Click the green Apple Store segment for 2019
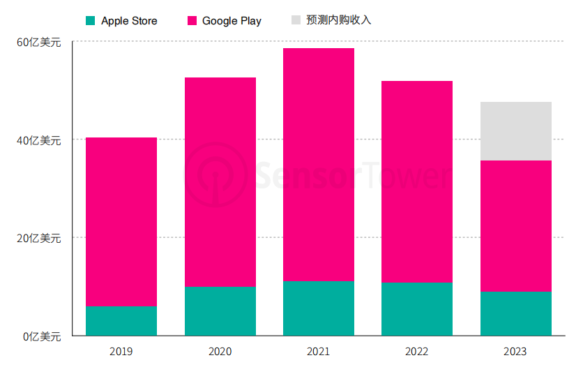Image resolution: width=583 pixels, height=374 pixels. [x=121, y=321]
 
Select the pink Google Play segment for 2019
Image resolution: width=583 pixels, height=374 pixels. [x=121, y=222]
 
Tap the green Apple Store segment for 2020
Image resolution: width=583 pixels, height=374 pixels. [x=220, y=311]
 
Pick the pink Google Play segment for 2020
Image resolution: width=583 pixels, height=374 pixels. [x=220, y=182]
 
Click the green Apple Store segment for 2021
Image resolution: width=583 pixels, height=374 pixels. [x=319, y=308]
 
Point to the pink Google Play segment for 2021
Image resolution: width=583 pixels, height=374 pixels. [x=319, y=165]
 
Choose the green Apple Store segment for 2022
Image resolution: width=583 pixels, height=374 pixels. [x=417, y=309]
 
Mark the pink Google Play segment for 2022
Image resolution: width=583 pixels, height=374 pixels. [x=417, y=182]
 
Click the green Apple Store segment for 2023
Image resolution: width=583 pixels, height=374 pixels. [x=516, y=313]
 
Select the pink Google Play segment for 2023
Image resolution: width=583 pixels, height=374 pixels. [x=516, y=226]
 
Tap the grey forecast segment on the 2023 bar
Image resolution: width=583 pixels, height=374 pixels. [x=516, y=131]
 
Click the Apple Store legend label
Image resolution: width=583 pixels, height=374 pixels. [x=129, y=21]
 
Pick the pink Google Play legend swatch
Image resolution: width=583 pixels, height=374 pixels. [x=192, y=21]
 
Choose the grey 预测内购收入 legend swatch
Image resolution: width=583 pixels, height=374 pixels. [x=296, y=20]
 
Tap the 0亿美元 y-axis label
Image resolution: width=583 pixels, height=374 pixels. [x=42, y=336]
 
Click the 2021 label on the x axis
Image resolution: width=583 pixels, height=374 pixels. [x=319, y=352]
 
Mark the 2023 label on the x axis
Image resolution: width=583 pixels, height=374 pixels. [x=516, y=352]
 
